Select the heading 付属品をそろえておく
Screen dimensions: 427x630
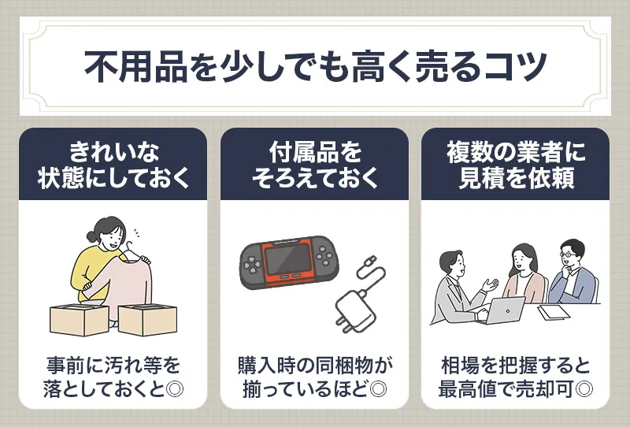click(x=315, y=164)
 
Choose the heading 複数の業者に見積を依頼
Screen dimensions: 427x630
click(x=516, y=164)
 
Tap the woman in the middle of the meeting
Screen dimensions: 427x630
click(x=524, y=272)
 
